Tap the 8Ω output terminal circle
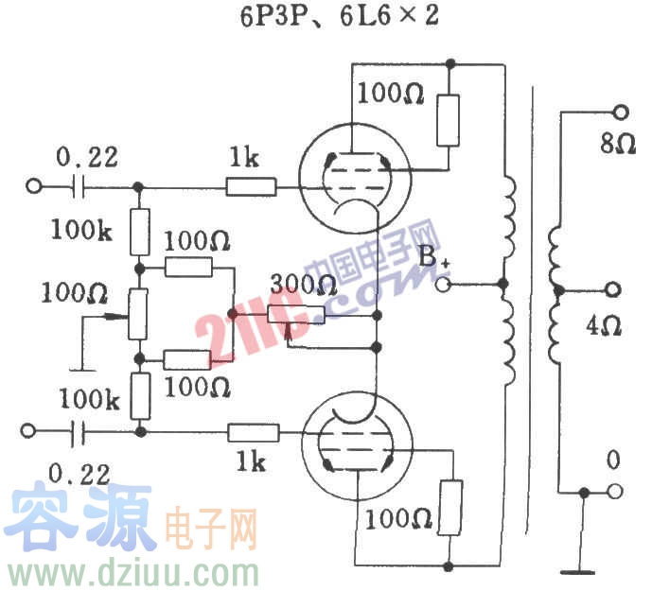point(620,112)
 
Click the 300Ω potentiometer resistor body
point(296,315)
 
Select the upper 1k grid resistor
point(251,186)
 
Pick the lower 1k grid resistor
point(253,433)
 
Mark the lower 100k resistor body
point(139,396)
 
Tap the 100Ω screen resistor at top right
point(448,120)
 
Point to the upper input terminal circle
point(35,186)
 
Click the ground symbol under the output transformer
point(577,570)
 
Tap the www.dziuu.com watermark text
point(133,573)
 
